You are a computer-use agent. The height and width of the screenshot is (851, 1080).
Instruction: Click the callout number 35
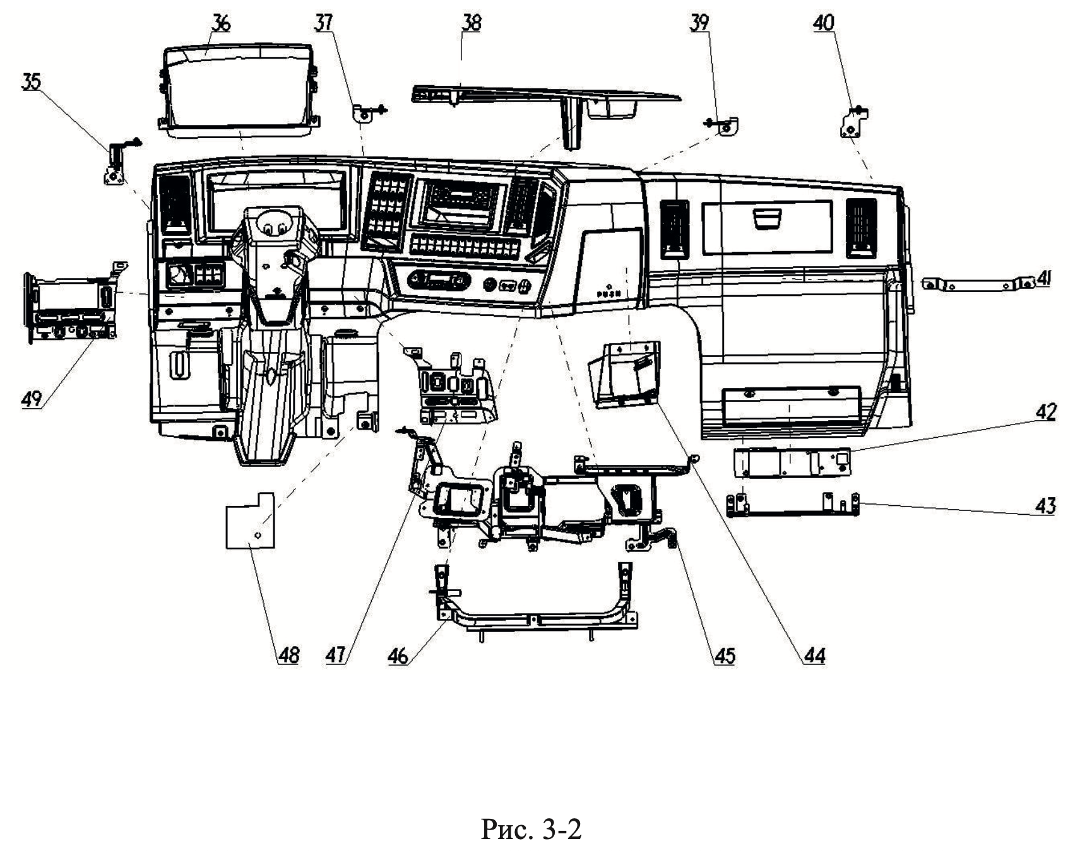[x=31, y=82]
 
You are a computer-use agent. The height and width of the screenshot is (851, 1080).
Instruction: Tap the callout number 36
[x=220, y=24]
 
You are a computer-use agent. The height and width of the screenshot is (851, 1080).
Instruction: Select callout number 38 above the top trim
[x=471, y=23]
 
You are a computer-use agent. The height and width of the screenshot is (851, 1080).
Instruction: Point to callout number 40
[x=823, y=23]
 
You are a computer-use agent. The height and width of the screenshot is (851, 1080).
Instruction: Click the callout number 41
[x=1045, y=278]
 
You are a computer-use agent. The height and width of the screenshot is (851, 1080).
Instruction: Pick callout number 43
[x=1045, y=506]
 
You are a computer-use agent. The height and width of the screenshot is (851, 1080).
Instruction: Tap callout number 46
[x=398, y=656]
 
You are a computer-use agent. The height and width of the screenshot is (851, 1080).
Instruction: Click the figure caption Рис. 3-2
[x=531, y=829]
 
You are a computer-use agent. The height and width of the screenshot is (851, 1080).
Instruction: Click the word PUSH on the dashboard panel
[x=608, y=294]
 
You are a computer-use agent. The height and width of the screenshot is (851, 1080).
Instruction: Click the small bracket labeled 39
[x=729, y=126]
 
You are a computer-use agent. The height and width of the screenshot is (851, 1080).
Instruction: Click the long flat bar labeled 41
[x=978, y=285]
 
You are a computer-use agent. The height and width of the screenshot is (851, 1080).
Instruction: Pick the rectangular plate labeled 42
[x=792, y=462]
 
